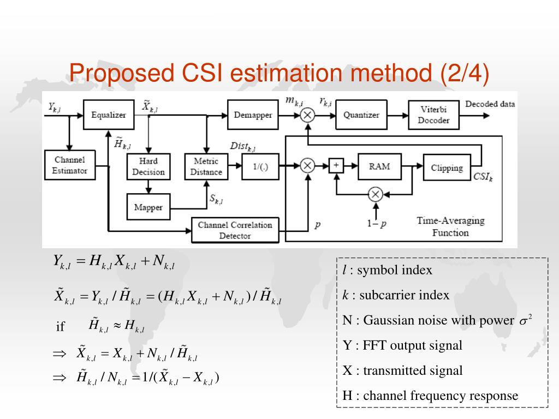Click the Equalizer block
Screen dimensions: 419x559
coord(108,115)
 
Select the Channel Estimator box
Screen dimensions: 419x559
coord(69,165)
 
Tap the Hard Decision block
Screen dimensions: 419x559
coord(148,166)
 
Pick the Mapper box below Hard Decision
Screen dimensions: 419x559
coord(148,207)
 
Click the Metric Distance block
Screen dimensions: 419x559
coord(206,166)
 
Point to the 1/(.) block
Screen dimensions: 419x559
coord(260,166)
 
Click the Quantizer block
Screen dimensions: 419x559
coord(361,115)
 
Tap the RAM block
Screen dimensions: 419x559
coord(379,166)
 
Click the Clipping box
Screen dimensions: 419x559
coord(447,167)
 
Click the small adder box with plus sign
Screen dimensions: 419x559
coord(336,165)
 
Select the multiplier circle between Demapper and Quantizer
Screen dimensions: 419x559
coord(308,115)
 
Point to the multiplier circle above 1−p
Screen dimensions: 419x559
coord(374,194)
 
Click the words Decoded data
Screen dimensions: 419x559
coord(490,104)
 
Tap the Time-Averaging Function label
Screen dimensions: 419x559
coord(450,226)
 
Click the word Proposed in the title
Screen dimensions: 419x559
coord(114,73)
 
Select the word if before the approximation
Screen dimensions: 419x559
coord(61,327)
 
